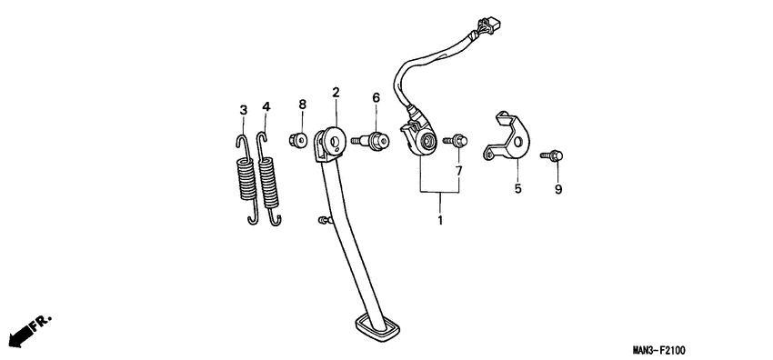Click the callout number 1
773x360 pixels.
440,220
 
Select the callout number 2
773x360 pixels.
336,93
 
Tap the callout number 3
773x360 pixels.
243,110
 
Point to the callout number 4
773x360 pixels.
266,107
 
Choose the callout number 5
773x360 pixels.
517,189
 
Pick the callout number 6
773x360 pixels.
375,97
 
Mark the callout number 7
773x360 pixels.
458,170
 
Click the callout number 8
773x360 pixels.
302,106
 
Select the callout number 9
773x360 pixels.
558,189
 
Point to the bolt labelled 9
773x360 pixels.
554,156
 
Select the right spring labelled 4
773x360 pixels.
269,182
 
